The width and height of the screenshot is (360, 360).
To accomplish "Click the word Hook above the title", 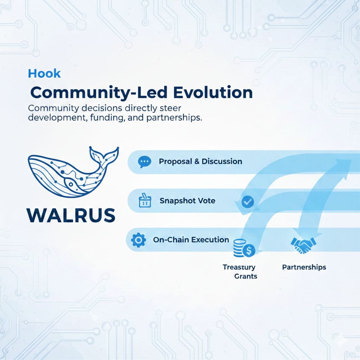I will coord(44,73).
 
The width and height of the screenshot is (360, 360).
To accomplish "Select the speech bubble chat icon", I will coord(144,162).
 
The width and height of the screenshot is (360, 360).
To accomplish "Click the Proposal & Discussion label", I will coord(200,162).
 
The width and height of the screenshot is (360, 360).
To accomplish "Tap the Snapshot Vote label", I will coord(187,201).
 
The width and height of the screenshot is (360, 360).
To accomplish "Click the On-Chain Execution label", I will coord(191,240).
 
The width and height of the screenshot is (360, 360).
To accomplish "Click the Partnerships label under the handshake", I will coord(304,267).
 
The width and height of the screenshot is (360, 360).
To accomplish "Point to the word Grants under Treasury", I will coord(245,276).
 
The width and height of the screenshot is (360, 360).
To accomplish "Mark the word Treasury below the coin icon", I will coord(239,267).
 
